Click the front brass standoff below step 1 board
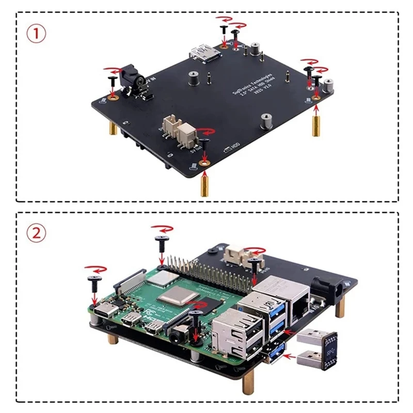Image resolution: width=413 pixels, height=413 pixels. [204, 183]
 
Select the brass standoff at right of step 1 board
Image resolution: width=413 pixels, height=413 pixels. [315, 124]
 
